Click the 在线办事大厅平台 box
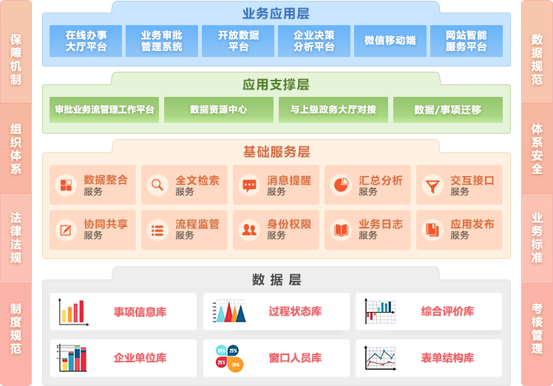(x=86, y=41)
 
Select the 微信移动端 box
(x=390, y=41)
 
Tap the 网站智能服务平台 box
(x=466, y=41)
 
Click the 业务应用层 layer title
(x=276, y=13)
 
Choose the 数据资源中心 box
(x=218, y=109)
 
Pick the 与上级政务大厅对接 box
(x=333, y=109)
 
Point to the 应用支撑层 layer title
(x=276, y=85)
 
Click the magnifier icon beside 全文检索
(x=157, y=185)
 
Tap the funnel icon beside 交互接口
(x=432, y=185)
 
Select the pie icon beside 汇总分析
(x=340, y=185)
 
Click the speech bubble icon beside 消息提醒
(x=249, y=185)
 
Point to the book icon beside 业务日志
(x=340, y=230)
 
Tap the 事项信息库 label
(x=140, y=311)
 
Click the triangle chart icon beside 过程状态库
(x=229, y=311)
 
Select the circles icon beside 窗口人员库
(x=229, y=358)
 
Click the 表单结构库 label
(x=447, y=358)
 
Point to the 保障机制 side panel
(x=16, y=59)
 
